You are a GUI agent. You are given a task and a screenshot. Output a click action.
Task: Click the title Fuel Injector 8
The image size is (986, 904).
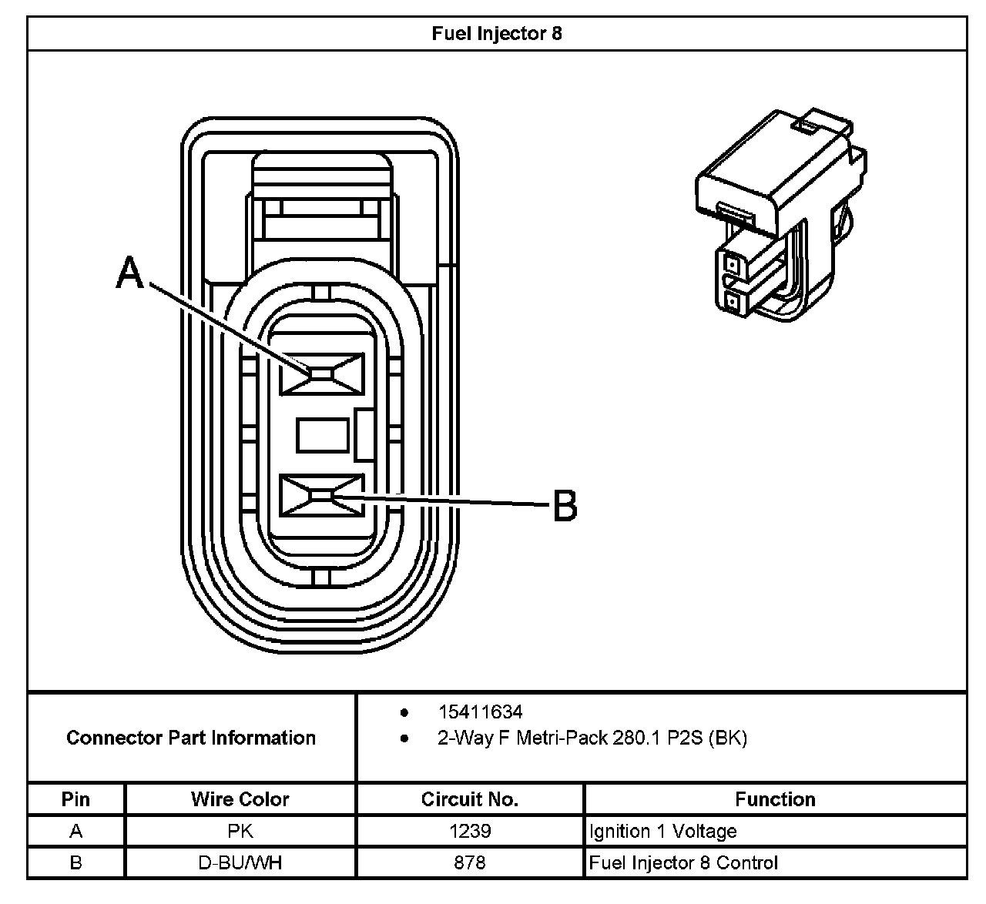(x=497, y=34)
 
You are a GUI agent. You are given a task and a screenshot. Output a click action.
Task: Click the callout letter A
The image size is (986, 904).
(x=130, y=273)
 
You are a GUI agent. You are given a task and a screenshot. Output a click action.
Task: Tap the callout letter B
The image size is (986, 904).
(x=565, y=507)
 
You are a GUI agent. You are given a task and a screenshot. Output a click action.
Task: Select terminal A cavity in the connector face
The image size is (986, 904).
(x=322, y=374)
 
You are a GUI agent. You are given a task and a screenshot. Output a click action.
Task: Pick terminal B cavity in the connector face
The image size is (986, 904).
(x=322, y=495)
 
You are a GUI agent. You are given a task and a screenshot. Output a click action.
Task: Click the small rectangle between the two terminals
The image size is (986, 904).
(x=322, y=435)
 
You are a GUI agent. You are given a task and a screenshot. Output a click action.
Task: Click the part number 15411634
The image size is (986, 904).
(x=480, y=712)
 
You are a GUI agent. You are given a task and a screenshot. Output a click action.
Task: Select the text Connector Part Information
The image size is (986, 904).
(x=191, y=738)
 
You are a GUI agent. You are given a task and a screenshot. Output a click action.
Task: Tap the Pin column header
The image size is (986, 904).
(x=75, y=799)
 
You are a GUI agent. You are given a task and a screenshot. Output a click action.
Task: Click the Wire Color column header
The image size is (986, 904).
(x=240, y=799)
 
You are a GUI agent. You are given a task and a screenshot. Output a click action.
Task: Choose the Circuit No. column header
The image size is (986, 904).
(x=470, y=799)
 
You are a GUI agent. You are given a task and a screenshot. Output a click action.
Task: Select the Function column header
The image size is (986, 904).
(x=775, y=799)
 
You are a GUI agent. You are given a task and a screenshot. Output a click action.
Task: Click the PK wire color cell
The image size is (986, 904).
(x=240, y=832)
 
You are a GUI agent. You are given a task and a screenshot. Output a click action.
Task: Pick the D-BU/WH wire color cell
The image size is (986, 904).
(x=240, y=862)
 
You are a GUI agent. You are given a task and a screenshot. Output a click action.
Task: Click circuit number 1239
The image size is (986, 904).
(x=470, y=832)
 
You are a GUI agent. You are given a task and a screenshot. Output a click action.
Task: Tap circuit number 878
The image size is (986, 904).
(x=470, y=862)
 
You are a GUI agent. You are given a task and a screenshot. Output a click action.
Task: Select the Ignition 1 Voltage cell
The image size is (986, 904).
(x=662, y=832)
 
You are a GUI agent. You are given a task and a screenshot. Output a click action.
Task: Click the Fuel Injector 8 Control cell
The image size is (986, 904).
(x=683, y=862)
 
